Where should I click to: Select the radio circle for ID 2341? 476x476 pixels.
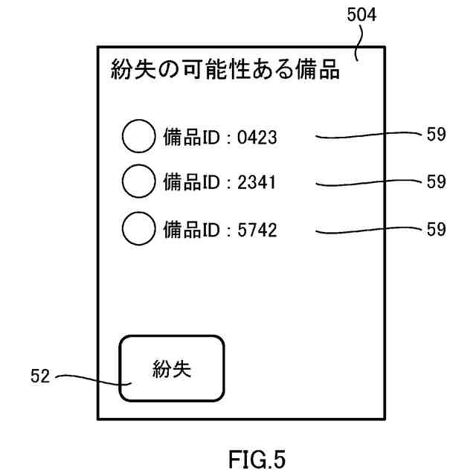point(138,182)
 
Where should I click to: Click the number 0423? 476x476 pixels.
point(257,137)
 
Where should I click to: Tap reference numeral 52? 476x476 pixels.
point(41,376)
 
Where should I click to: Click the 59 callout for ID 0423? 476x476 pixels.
point(437,135)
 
